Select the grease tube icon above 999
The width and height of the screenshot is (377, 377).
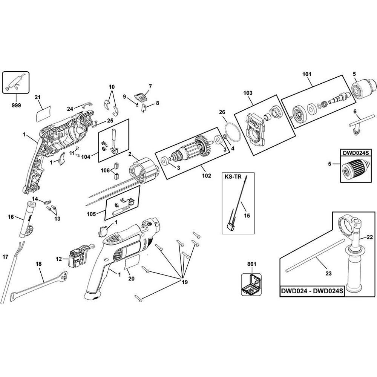pyautogui.click(x=16, y=83)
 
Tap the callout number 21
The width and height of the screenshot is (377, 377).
pyautogui.click(x=37, y=97)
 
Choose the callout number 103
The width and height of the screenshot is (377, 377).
pyautogui.click(x=248, y=92)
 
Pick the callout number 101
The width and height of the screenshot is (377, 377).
pyautogui.click(x=307, y=74)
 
